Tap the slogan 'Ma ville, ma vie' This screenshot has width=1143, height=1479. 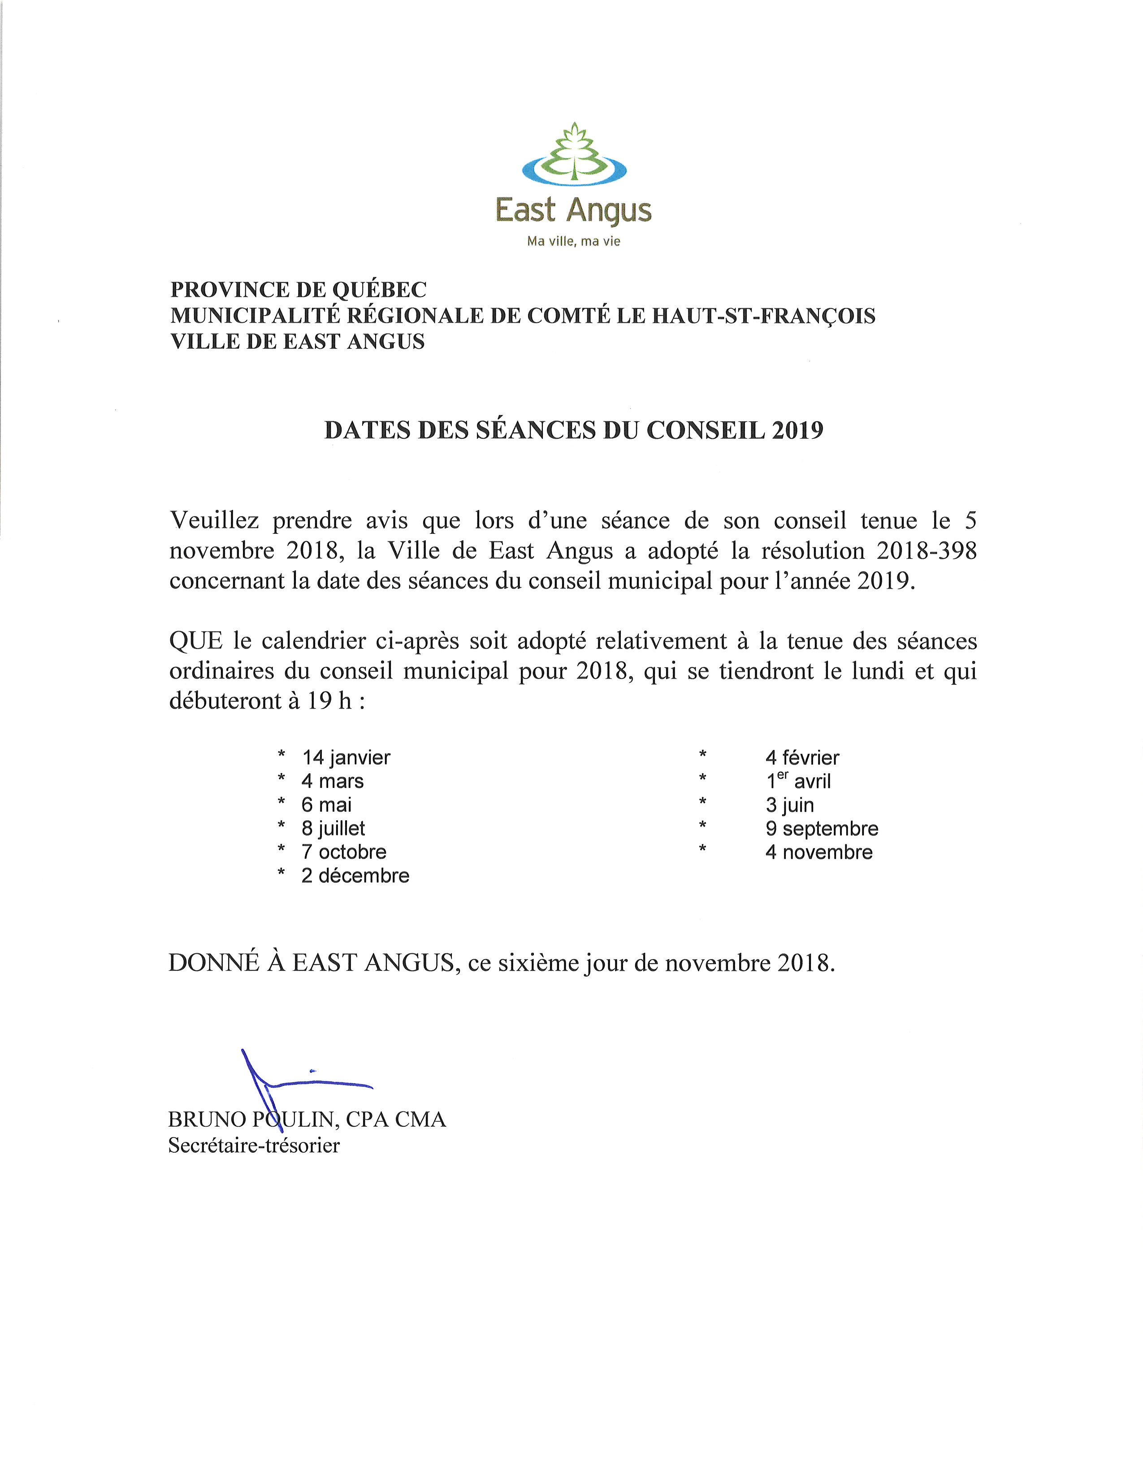pos(574,242)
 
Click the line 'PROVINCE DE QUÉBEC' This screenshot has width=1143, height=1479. pos(298,290)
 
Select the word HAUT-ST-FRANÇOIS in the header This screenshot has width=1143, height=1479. pos(763,316)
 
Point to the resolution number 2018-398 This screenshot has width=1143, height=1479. pos(927,550)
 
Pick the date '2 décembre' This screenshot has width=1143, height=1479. pos(355,876)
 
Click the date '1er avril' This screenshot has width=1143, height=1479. pos(798,781)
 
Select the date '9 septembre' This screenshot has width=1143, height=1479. pos(821,828)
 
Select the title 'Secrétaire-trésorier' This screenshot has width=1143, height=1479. pos(254,1145)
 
